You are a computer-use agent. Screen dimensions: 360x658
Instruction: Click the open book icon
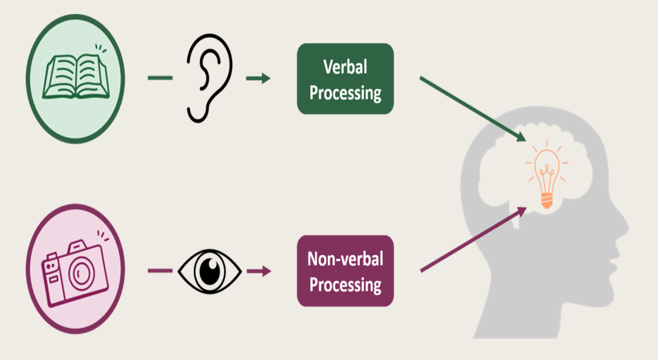pos(75,77)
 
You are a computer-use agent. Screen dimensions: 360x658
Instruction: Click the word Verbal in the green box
pos(345,67)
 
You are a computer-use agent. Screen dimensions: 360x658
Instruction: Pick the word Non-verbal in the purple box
pos(345,259)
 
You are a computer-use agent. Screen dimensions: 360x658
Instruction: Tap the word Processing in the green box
pos(345,94)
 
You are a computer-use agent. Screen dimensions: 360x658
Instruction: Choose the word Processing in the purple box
pos(345,285)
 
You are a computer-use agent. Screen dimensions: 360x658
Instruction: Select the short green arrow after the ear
pos(258,79)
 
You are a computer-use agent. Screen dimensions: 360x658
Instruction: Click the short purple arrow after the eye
pos(258,271)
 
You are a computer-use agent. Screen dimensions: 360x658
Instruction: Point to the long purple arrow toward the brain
pos(472,240)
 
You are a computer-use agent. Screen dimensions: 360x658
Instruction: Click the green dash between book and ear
pos(160,78)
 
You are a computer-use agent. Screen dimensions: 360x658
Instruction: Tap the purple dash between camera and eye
pos(160,271)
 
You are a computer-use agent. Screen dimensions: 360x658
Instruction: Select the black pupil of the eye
pos(210,271)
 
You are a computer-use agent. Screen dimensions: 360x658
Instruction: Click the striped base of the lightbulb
pos(547,201)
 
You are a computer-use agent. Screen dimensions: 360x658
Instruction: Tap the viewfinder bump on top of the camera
pos(77,247)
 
